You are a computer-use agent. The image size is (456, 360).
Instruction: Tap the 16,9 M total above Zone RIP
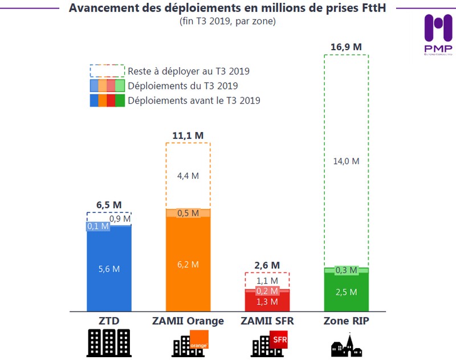click(x=346, y=47)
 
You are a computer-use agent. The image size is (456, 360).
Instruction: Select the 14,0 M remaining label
click(x=347, y=161)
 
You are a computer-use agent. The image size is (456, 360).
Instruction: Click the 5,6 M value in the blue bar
click(x=108, y=269)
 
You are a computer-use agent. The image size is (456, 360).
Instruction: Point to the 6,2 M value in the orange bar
click(x=188, y=264)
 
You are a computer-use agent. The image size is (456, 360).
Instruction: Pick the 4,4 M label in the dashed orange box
click(x=188, y=176)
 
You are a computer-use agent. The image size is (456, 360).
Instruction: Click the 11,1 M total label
click(x=188, y=136)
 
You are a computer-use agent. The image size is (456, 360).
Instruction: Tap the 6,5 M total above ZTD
click(x=109, y=205)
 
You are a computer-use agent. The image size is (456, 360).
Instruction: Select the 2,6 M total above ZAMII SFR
click(x=267, y=265)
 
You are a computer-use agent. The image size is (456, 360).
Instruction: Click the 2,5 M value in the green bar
click(x=347, y=292)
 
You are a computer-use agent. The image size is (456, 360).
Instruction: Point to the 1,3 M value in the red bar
click(x=267, y=302)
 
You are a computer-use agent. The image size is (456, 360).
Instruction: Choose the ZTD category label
click(x=109, y=321)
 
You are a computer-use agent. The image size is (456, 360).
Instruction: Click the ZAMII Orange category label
click(x=188, y=321)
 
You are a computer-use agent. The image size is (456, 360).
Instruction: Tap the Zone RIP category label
click(x=346, y=321)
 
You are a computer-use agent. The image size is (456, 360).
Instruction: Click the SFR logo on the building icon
click(x=280, y=341)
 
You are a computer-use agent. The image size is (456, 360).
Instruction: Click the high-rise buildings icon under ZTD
click(x=109, y=343)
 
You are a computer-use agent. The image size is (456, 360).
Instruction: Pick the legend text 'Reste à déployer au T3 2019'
click(x=189, y=72)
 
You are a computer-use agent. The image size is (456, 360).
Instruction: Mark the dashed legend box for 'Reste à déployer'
click(x=107, y=71)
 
